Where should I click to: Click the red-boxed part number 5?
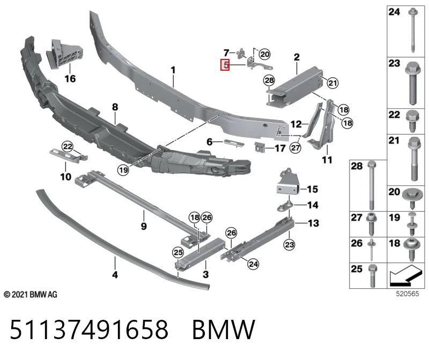(x=225, y=65)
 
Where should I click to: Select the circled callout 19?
(x=123, y=170)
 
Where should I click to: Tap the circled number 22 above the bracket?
(x=68, y=146)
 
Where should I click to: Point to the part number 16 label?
(x=70, y=79)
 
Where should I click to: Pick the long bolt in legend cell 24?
(x=412, y=30)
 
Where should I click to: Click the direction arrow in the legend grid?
(x=405, y=275)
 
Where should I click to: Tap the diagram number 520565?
(x=408, y=294)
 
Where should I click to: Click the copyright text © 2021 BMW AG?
(x=31, y=295)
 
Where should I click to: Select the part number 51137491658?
(x=89, y=329)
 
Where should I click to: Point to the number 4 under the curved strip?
(x=115, y=274)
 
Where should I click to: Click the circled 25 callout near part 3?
(x=178, y=252)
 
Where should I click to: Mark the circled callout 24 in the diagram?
(x=253, y=264)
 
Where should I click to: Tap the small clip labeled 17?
(x=260, y=147)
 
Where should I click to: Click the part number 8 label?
(x=115, y=107)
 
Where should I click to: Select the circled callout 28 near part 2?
(x=269, y=80)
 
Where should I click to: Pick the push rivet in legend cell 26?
(x=372, y=250)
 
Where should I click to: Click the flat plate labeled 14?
(x=285, y=206)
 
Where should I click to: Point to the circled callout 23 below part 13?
(x=290, y=244)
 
